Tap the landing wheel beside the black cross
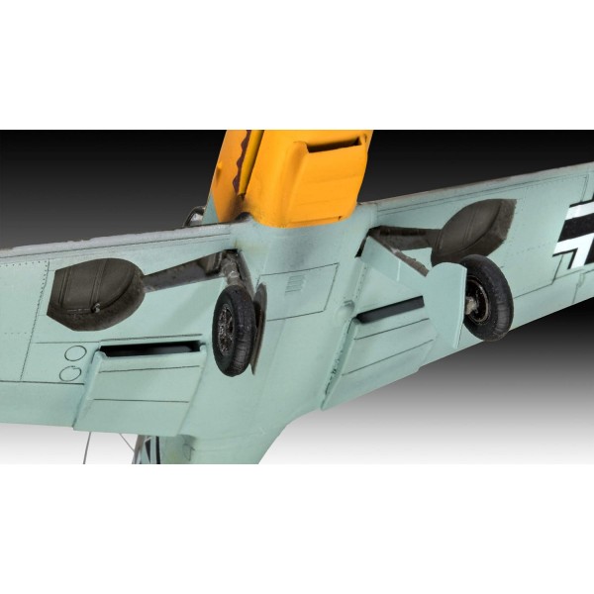coord(486,297)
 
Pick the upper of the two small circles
coord(75,353)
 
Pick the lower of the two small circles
coord(70,372)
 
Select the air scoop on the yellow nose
coord(331,158)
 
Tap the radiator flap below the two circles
coord(148,391)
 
